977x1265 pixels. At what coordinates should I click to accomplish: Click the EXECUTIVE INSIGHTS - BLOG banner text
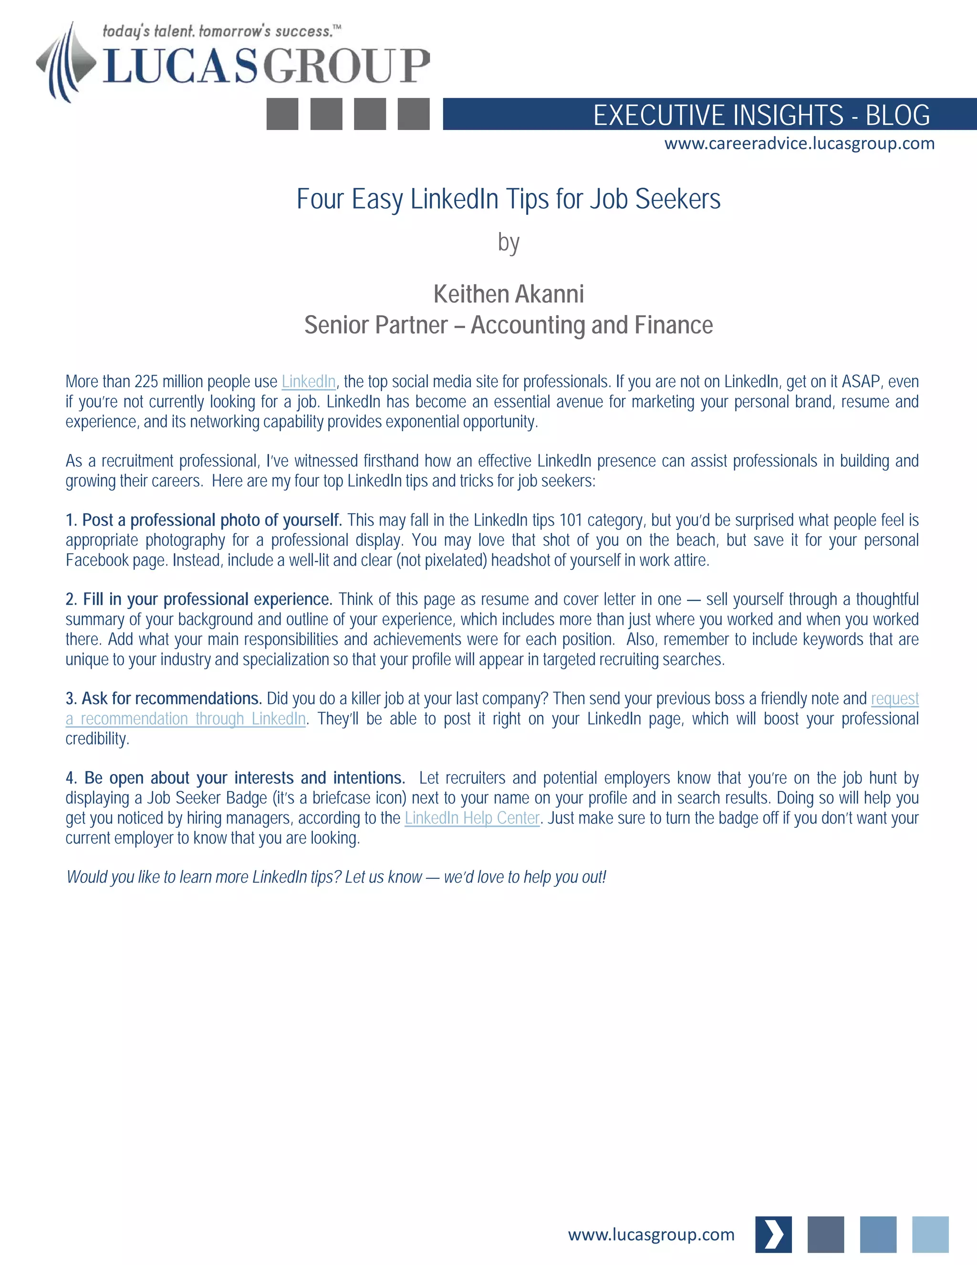pyautogui.click(x=761, y=115)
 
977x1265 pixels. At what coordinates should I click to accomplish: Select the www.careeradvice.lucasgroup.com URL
pyautogui.click(x=799, y=144)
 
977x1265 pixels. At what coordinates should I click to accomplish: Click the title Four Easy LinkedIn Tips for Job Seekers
pyautogui.click(x=508, y=199)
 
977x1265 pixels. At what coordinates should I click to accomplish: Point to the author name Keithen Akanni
pyautogui.click(x=508, y=294)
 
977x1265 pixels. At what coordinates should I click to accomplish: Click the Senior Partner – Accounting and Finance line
pyautogui.click(x=508, y=325)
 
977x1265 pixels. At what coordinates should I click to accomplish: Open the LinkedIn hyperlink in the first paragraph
pyautogui.click(x=309, y=382)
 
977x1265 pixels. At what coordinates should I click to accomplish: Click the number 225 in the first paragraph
pyautogui.click(x=146, y=382)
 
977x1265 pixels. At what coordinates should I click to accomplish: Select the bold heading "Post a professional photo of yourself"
pyautogui.click(x=212, y=520)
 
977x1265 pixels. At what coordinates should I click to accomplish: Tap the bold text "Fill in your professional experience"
pyautogui.click(x=207, y=599)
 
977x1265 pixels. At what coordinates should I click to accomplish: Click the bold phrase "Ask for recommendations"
pyautogui.click(x=172, y=698)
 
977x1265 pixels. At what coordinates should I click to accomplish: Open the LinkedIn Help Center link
pyautogui.click(x=472, y=818)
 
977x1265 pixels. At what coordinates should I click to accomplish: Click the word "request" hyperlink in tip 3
pyautogui.click(x=894, y=698)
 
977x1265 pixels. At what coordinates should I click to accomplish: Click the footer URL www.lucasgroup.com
pyautogui.click(x=651, y=1234)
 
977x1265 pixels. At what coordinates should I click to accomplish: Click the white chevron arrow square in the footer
pyautogui.click(x=773, y=1234)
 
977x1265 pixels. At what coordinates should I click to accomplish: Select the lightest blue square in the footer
pyautogui.click(x=930, y=1234)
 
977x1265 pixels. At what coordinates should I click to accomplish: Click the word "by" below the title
pyautogui.click(x=508, y=242)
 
